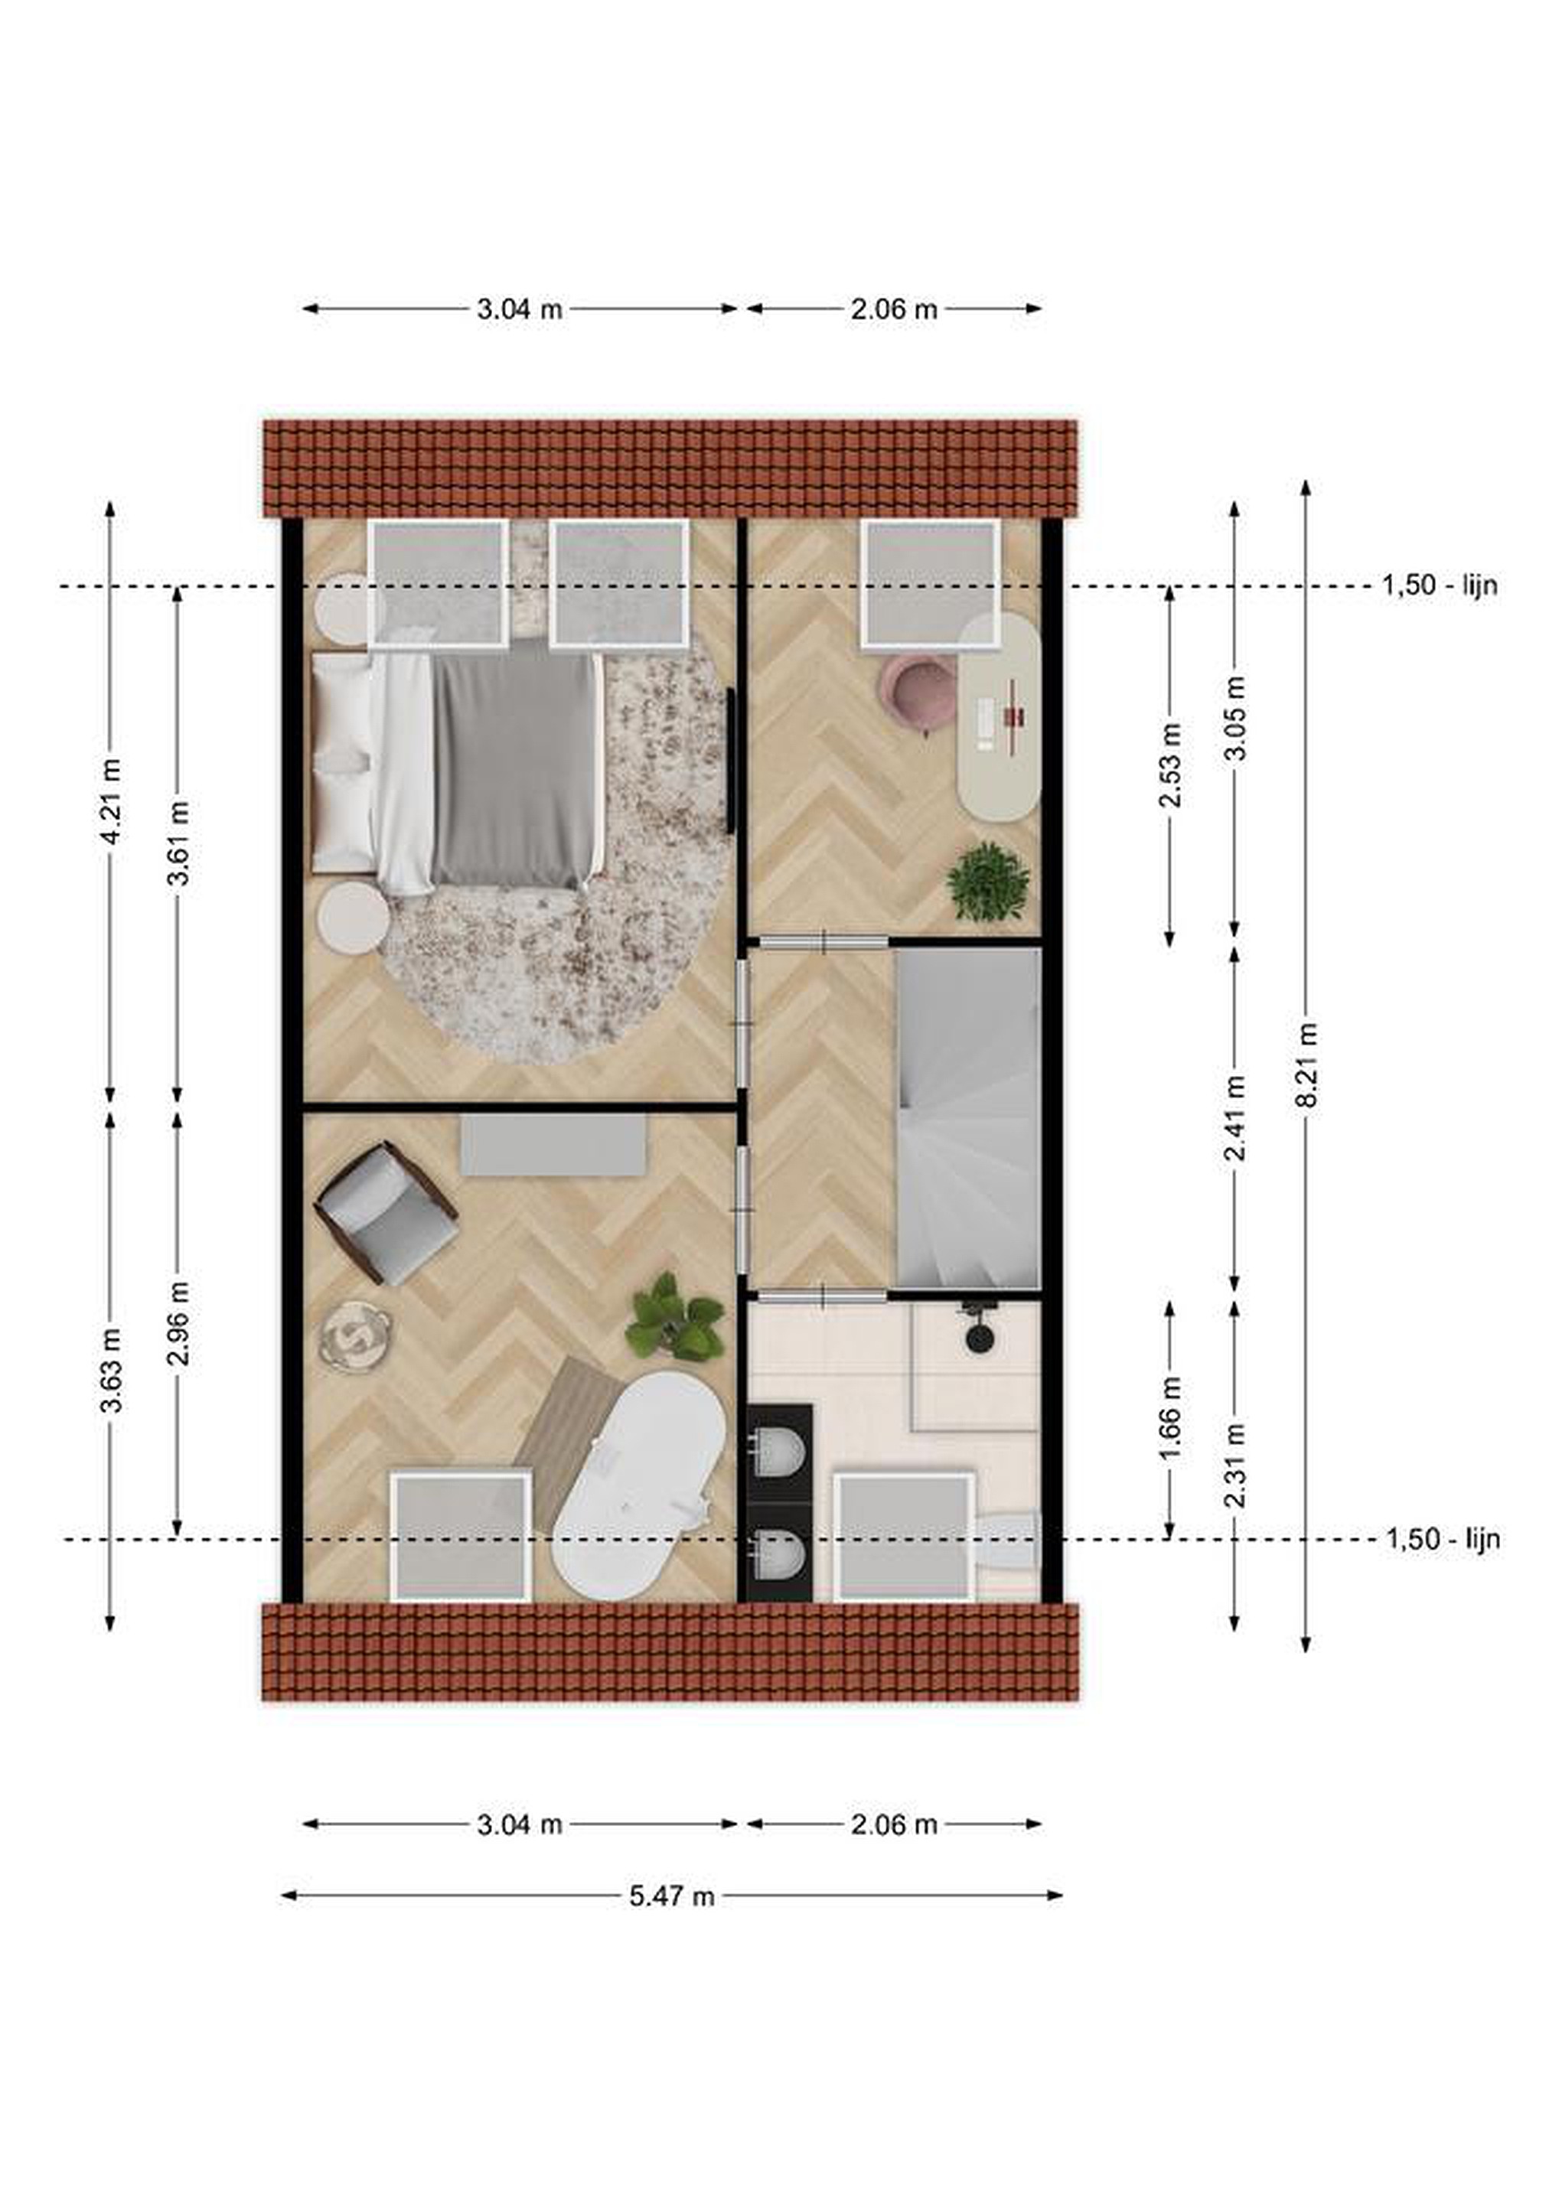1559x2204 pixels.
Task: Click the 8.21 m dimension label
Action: pos(1306,1065)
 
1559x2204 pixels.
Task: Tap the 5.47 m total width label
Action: pos(672,1896)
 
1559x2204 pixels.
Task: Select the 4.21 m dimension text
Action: pos(112,801)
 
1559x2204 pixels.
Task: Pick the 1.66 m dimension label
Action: pos(1171,1418)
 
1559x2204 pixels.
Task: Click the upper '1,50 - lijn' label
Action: pos(1439,585)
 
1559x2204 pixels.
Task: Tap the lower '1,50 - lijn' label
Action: pos(1442,1540)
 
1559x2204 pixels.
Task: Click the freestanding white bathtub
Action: pos(641,1485)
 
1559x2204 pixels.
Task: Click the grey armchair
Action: pos(386,1212)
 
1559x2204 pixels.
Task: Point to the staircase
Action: pos(969,1118)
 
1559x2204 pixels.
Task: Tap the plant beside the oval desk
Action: pos(988,881)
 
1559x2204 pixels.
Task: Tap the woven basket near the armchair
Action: pos(356,1336)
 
